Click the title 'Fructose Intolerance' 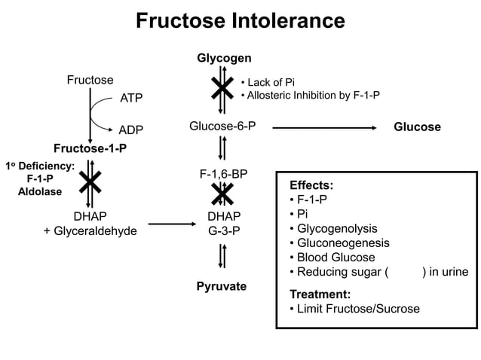tap(240, 21)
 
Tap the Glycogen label tap(224, 58)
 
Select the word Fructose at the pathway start tap(90, 80)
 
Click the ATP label tap(131, 98)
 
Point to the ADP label tap(131, 130)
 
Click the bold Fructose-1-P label tap(90, 148)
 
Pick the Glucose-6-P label tap(222, 126)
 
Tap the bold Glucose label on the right tap(417, 127)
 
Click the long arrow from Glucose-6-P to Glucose tap(324, 127)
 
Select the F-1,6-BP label tap(223, 174)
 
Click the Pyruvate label tap(222, 287)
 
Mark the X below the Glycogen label tap(222, 88)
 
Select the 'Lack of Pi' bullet tap(267, 81)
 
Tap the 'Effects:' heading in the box tap(311, 185)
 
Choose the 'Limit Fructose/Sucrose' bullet tap(354, 309)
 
